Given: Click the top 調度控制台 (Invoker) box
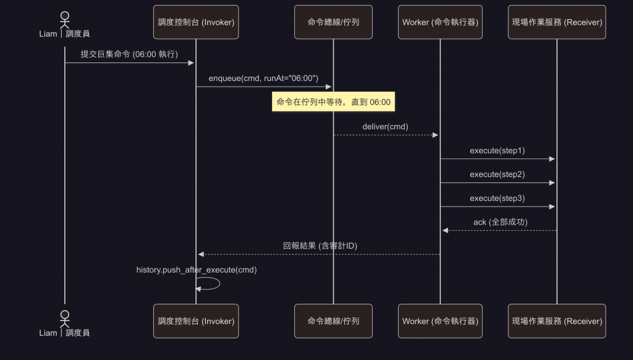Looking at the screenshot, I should (x=196, y=22).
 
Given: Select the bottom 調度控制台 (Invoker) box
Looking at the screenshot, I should (x=196, y=321).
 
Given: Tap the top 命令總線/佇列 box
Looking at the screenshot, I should (x=333, y=22).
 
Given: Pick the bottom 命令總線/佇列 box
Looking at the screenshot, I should (x=333, y=321).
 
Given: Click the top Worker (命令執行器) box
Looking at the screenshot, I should (x=440, y=22).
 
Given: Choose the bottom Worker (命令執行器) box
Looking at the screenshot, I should (x=440, y=321).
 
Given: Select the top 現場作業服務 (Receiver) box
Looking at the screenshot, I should (x=557, y=22).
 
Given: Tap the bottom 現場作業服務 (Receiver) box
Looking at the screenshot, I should (x=557, y=321).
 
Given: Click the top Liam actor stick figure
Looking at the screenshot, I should (x=65, y=19).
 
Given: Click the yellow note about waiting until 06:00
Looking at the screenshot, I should (x=334, y=101).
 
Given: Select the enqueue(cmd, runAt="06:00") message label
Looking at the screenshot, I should (x=263, y=78).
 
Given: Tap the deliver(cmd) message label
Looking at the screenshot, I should (x=385, y=126).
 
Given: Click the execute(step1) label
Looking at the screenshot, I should (x=497, y=150).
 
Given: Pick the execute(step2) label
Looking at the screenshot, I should (x=497, y=174).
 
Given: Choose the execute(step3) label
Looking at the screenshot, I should (x=497, y=198).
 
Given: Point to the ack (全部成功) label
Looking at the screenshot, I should (x=500, y=222).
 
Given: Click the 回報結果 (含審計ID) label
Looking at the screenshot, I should (x=320, y=246).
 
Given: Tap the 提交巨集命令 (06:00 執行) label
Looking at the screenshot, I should (x=129, y=54).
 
